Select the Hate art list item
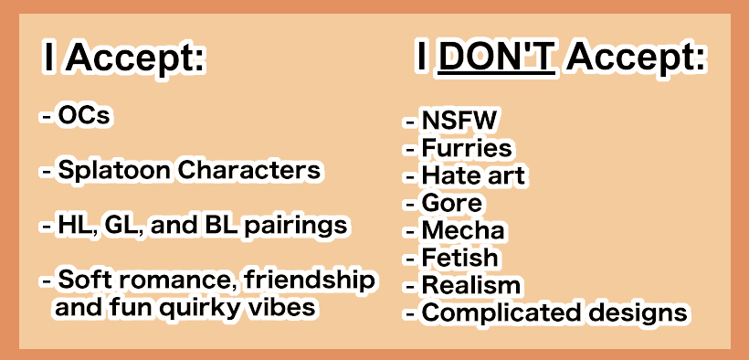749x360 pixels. point(474,175)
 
